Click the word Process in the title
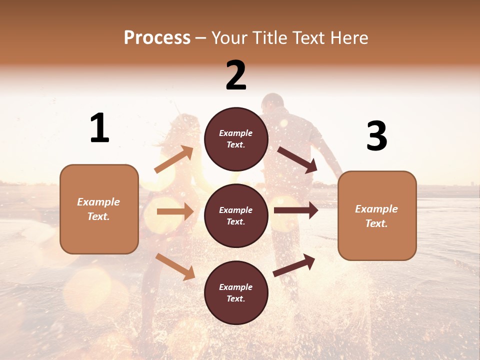pyautogui.click(x=157, y=38)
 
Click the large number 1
pyautogui.click(x=99, y=128)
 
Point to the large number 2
pyautogui.click(x=236, y=75)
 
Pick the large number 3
pyautogui.click(x=376, y=136)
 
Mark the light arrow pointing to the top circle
pyautogui.click(x=174, y=159)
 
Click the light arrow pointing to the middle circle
pyautogui.click(x=175, y=212)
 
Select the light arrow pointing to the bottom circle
pyautogui.click(x=175, y=266)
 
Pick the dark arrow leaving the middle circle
pyautogui.click(x=296, y=210)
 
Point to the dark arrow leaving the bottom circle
pyautogui.click(x=294, y=265)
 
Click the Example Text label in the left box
pyautogui.click(x=98, y=209)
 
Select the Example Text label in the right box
pyautogui.click(x=376, y=216)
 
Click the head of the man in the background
pyautogui.click(x=272, y=104)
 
